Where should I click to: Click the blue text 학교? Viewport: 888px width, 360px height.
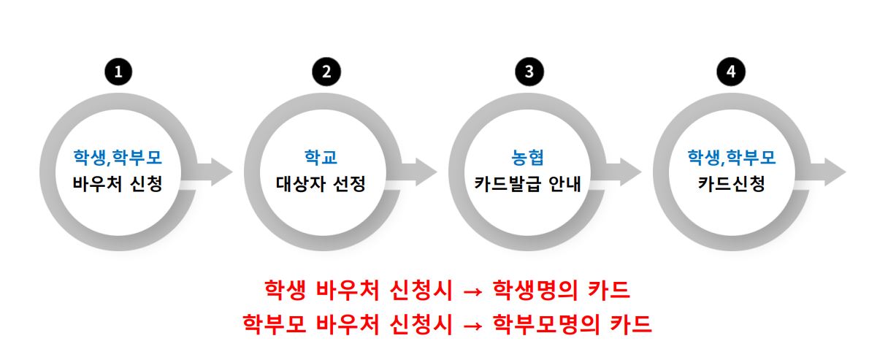pyautogui.click(x=322, y=156)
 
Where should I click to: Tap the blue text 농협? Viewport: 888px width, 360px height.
pyautogui.click(x=527, y=156)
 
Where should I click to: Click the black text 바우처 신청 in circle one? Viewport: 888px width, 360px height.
pyautogui.click(x=118, y=183)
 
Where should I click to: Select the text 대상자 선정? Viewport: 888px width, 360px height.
pyautogui.click(x=322, y=183)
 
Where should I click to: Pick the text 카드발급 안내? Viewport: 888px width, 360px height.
pyautogui.click(x=527, y=183)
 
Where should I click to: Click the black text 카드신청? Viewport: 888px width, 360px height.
pyautogui.click(x=731, y=183)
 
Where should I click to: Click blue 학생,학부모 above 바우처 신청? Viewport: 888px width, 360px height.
pyautogui.click(x=118, y=156)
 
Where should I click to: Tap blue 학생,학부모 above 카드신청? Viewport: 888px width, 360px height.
pyautogui.click(x=731, y=156)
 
